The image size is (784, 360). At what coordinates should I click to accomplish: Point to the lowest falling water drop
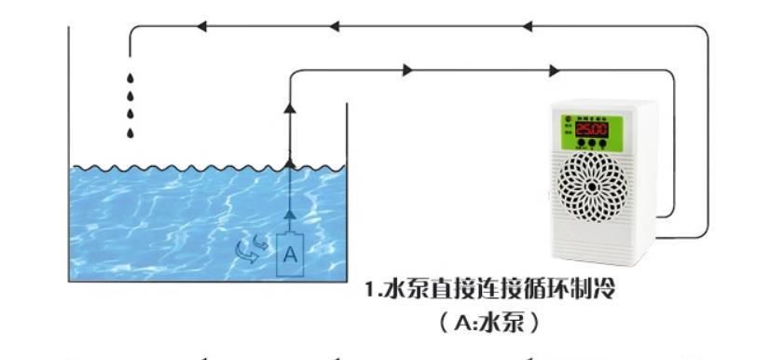pyautogui.click(x=131, y=132)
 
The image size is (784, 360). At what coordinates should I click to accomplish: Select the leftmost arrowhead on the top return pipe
pyautogui.click(x=200, y=28)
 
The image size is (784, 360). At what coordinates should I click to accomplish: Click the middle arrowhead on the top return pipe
pyautogui.click(x=333, y=28)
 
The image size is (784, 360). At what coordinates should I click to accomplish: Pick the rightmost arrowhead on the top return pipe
pyautogui.click(x=529, y=28)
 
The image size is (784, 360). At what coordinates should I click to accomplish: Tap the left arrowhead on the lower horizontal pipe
pyautogui.click(x=406, y=70)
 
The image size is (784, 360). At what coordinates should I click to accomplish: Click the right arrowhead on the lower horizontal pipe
pyautogui.click(x=556, y=70)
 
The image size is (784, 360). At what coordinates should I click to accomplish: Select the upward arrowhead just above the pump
pyautogui.click(x=289, y=215)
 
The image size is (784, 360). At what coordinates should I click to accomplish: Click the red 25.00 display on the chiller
pyautogui.click(x=591, y=130)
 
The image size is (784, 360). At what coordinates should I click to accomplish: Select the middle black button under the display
pyautogui.click(x=592, y=146)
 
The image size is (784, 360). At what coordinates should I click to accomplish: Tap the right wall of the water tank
pyautogui.click(x=346, y=187)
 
